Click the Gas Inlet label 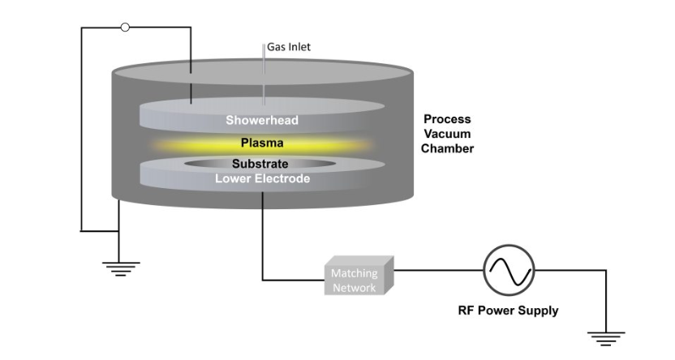tap(289, 47)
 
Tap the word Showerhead tap(261, 121)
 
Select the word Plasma tap(261, 144)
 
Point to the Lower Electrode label tap(261, 178)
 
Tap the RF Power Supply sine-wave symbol tap(509, 270)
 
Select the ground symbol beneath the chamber tap(120, 268)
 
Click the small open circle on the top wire tap(125, 28)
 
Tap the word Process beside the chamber tap(447, 119)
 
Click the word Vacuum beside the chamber tap(447, 134)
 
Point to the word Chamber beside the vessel tap(447, 148)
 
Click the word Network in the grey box tap(354, 288)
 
